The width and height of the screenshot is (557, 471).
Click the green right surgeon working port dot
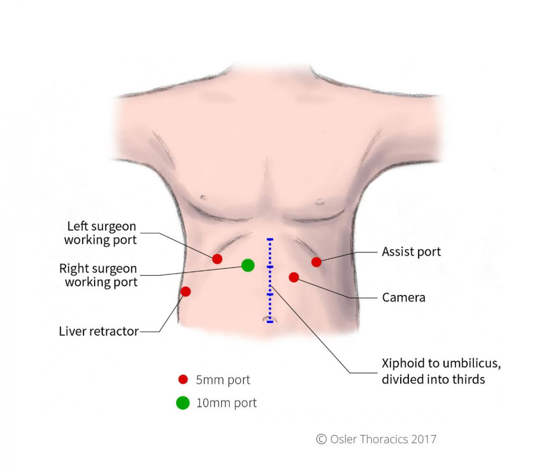(248, 265)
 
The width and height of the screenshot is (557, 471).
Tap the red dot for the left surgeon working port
(217, 259)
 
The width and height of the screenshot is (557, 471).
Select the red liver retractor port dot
(186, 292)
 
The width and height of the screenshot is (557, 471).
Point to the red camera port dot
(293, 277)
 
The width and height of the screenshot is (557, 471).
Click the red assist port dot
(316, 262)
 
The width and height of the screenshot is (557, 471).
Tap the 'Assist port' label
(411, 252)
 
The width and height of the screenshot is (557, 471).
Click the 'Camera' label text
(403, 297)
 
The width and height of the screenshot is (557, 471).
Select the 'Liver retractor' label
(99, 331)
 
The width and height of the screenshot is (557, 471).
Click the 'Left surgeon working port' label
(101, 233)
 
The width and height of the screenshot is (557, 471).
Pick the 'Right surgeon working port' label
(99, 275)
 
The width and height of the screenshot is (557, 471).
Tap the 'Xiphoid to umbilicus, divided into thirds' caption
(440, 371)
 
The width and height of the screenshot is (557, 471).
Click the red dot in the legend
(183, 379)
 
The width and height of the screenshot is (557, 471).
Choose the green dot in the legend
(183, 403)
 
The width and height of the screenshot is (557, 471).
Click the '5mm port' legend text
(223, 380)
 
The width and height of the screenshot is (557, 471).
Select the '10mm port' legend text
(226, 403)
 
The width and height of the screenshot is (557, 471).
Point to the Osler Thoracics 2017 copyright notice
(376, 439)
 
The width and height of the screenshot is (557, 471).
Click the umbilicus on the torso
(270, 319)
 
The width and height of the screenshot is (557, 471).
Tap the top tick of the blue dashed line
(270, 240)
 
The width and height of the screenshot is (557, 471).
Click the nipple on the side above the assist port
(319, 202)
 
